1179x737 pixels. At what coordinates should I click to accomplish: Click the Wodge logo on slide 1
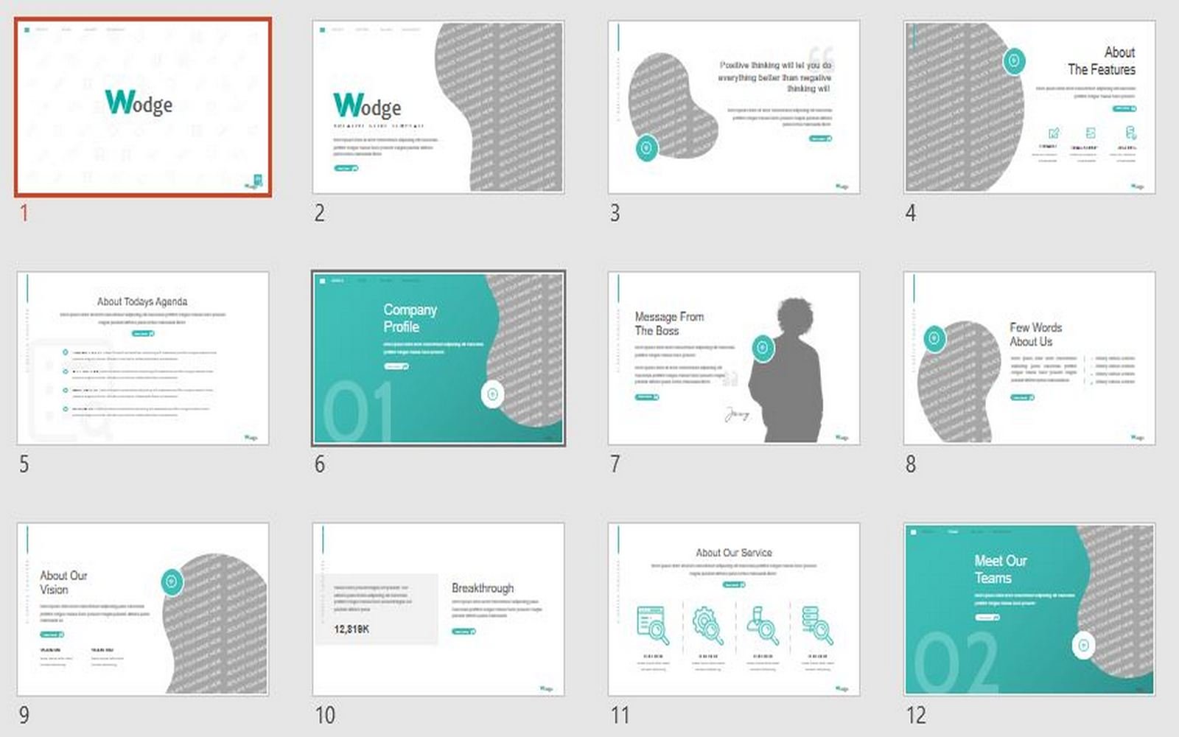(139, 102)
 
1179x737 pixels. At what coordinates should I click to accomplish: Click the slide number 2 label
(319, 213)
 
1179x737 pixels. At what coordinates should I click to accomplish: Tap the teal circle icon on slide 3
(646, 148)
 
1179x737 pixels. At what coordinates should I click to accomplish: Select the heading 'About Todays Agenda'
(142, 301)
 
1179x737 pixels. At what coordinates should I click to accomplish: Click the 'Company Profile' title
(410, 318)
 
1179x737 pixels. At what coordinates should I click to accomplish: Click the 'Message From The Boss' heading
(669, 324)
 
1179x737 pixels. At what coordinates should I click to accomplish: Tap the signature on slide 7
(736, 415)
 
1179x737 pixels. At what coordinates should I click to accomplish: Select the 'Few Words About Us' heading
(1035, 335)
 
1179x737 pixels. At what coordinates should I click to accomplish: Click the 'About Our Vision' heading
(63, 582)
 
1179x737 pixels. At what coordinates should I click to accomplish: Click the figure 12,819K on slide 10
(351, 629)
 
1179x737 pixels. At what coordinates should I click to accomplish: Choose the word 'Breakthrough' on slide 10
(483, 588)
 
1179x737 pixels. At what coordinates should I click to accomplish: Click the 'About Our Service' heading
(734, 553)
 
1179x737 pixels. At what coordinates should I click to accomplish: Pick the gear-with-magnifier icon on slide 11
(707, 625)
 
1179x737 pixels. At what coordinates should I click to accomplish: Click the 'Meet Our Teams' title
(1000, 569)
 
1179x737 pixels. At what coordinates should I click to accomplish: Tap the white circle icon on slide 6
(492, 394)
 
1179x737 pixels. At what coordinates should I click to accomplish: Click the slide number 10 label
(325, 715)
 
